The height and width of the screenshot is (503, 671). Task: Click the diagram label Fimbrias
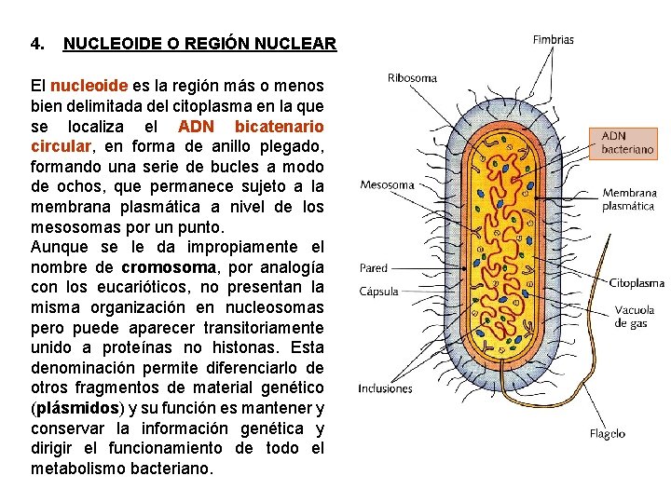[553, 40]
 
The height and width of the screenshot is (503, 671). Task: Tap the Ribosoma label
[412, 78]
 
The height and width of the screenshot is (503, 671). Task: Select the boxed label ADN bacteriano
[627, 142]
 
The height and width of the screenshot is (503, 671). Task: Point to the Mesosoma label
[387, 184]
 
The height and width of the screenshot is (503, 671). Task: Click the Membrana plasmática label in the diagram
[629, 199]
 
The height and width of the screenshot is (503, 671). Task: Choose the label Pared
[373, 268]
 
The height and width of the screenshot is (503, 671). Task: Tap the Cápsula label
[378, 291]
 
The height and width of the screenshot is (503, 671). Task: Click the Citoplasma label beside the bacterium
[637, 282]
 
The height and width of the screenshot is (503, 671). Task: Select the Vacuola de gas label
[634, 317]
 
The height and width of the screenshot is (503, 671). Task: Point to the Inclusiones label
[385, 387]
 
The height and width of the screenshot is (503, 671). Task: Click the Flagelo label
[608, 433]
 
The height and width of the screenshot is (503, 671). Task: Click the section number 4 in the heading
[36, 44]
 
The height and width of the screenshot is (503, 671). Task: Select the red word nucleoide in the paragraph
[89, 86]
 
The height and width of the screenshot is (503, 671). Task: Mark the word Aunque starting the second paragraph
[60, 247]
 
